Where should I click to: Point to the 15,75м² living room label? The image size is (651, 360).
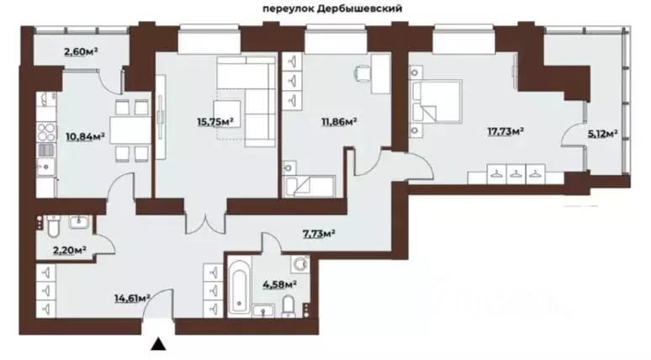213,120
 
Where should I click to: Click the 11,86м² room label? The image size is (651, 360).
337,121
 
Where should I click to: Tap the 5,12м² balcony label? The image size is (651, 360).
602,133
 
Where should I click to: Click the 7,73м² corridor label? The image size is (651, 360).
319,233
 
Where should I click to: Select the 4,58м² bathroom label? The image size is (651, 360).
281,285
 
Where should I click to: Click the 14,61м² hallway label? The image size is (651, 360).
132,296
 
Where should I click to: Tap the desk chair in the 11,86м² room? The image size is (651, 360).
362,74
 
